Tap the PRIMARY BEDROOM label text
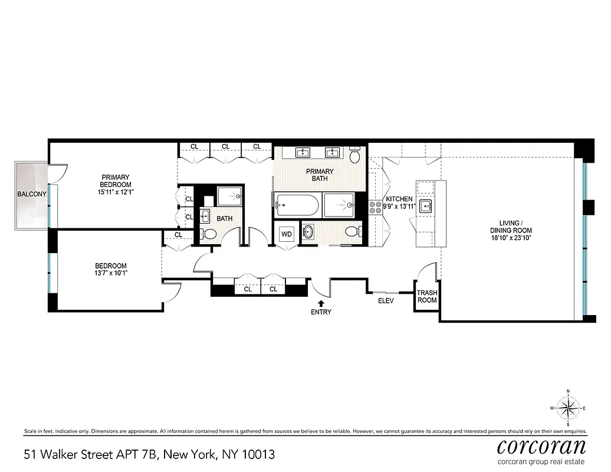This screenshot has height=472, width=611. coord(116,181)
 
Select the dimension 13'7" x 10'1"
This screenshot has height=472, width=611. coord(111,273)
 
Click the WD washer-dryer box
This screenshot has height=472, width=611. coord(287,234)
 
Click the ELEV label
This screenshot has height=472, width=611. coord(386,300)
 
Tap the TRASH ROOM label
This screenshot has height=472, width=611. coord(427,296)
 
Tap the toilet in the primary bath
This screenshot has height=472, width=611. coord(355,155)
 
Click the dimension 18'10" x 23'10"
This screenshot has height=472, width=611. coord(511,238)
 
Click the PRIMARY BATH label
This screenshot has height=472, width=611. coord(320,175)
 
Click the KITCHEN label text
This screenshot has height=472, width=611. coord(399,199)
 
